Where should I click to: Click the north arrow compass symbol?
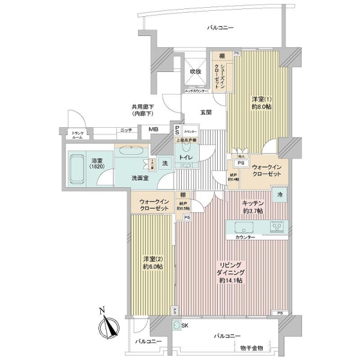coord(106,325)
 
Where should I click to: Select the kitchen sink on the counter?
coord(242,227)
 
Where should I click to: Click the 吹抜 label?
coord(196,71)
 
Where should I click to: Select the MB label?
coord(154,130)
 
